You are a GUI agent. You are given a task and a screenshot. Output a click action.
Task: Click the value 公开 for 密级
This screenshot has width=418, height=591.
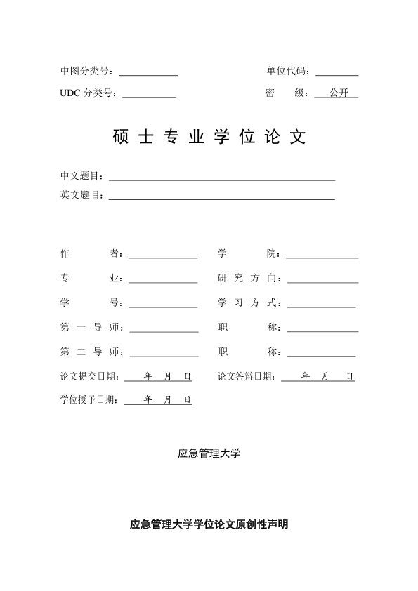(338, 93)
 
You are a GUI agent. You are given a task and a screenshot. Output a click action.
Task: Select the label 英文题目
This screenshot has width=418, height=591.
(81, 195)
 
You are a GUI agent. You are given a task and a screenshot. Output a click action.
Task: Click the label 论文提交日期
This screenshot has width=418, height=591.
(89, 377)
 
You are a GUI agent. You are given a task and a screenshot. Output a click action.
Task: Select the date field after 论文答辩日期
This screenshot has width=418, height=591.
(318, 378)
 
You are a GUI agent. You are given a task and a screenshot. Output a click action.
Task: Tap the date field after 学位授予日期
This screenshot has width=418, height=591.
(158, 401)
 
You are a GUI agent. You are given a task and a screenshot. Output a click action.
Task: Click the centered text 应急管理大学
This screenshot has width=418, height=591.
(209, 453)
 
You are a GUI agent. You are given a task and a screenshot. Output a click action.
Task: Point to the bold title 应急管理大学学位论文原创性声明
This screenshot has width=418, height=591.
(209, 524)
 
